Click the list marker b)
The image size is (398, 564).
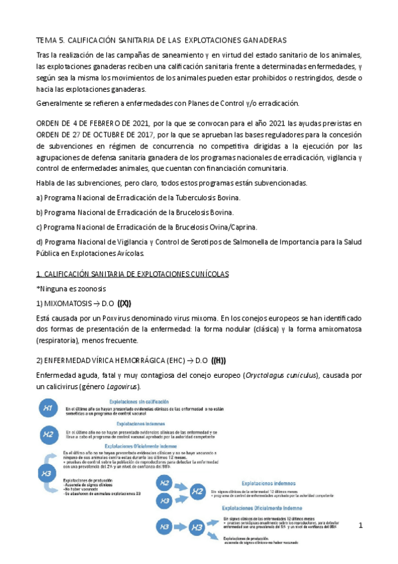tap(40, 212)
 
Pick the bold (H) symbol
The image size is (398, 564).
tap(219, 361)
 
